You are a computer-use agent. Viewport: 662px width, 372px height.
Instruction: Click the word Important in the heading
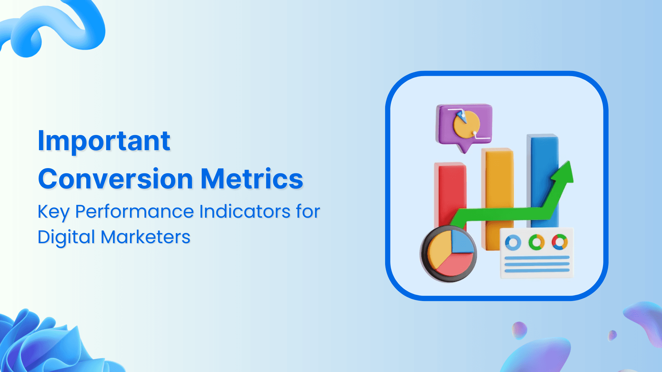[104, 141]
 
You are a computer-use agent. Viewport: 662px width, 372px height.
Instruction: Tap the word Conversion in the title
[115, 179]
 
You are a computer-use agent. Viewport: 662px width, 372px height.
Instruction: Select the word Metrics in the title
[251, 179]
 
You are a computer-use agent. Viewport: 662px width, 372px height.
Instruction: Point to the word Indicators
[244, 211]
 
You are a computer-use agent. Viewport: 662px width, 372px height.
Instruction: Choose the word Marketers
[145, 237]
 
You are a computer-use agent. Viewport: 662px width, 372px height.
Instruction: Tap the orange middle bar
[499, 179]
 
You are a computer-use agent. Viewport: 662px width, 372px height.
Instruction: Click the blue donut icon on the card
[513, 242]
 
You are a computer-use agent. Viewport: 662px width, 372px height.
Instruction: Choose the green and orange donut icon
[536, 242]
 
